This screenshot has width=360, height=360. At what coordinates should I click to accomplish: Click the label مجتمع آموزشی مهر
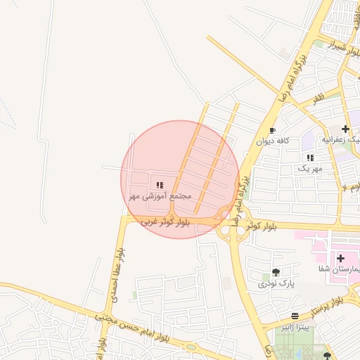160,197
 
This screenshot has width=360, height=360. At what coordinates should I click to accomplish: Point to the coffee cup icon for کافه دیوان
272,130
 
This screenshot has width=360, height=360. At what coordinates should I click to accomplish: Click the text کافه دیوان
269,141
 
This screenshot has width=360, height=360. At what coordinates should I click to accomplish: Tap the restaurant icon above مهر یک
310,157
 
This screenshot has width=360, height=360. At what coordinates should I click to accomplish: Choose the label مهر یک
309,169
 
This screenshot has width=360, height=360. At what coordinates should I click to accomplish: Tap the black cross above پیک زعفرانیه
345,129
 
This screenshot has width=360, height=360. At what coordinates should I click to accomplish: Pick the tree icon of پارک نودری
275,272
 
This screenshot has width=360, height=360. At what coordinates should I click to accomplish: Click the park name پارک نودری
273,283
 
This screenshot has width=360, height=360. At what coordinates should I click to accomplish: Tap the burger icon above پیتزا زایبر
295,316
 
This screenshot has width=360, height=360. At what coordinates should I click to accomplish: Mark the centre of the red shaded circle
180,179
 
